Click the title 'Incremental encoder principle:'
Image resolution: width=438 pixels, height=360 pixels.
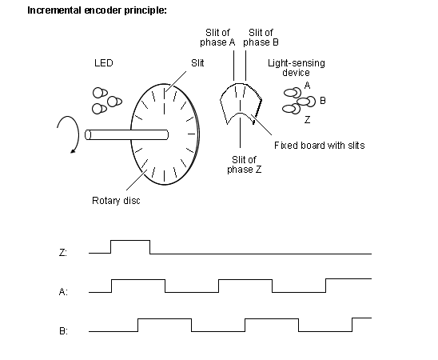(x=97, y=10)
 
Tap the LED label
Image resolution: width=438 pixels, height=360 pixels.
(x=104, y=63)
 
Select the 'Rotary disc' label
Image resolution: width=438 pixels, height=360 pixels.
(x=116, y=201)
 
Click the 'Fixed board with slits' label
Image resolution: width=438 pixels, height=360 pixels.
(x=319, y=146)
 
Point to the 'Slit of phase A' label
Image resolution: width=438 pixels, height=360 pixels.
(x=217, y=38)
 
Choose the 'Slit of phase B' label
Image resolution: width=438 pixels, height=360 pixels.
(x=261, y=38)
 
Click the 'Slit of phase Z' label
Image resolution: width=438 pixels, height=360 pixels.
(x=244, y=165)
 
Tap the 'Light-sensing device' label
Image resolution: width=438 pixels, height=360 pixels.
(x=297, y=68)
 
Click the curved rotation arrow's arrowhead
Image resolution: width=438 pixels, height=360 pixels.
(x=74, y=151)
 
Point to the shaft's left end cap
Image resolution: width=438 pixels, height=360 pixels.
(x=88, y=134)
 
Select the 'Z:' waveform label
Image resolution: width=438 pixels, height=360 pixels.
(x=63, y=253)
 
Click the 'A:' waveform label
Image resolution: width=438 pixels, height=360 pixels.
(x=63, y=292)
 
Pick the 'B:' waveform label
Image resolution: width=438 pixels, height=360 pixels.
(x=63, y=331)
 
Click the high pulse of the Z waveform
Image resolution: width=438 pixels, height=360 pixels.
(x=130, y=240)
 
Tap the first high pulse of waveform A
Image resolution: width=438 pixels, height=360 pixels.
(x=138, y=279)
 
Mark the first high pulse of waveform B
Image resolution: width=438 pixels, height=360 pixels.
(x=165, y=318)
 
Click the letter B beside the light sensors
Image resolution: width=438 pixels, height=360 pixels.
(x=323, y=100)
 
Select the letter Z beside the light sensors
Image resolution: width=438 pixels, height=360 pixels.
(x=307, y=120)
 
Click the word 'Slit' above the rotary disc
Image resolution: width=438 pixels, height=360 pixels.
(x=197, y=63)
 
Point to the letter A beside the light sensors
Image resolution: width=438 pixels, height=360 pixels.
(x=307, y=85)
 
